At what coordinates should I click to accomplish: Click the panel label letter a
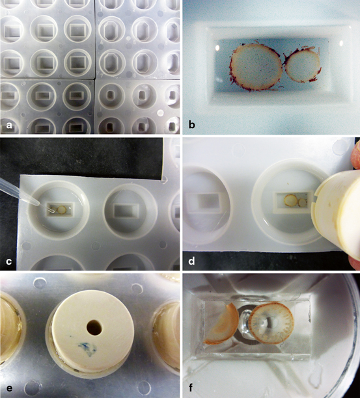(x=9, y=124)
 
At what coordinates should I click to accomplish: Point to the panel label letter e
(x=9, y=388)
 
